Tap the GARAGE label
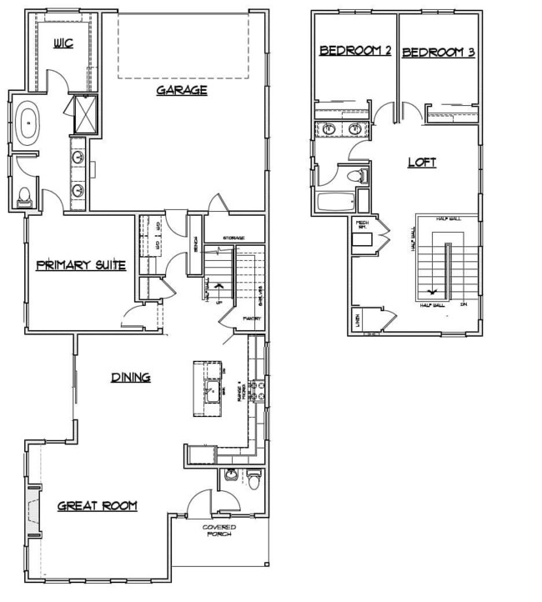point(181,90)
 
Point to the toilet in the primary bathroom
point(24,198)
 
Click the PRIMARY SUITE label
point(81,266)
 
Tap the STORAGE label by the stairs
point(233,238)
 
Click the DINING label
point(131,378)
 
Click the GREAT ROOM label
point(97,506)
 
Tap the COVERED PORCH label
point(219,531)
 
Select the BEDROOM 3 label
point(439,52)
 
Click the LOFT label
point(421,163)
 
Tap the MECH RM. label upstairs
point(363,225)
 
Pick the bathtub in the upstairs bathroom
point(334,202)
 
